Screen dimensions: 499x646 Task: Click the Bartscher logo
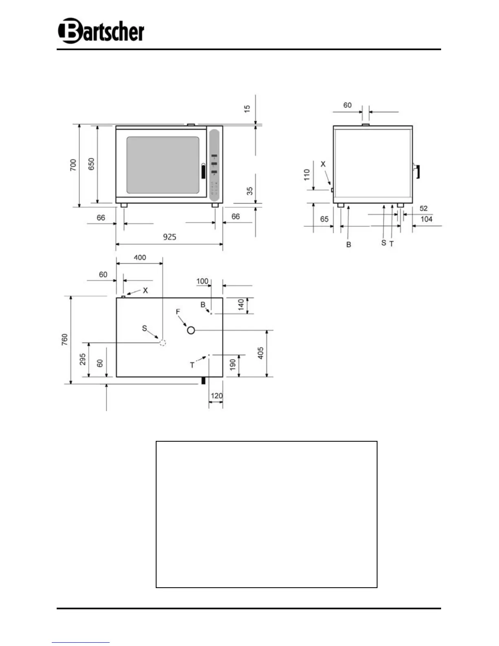click(x=101, y=31)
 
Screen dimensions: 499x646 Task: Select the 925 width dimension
click(x=170, y=237)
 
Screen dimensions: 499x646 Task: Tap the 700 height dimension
click(x=73, y=165)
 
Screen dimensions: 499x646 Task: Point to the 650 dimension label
click(x=91, y=164)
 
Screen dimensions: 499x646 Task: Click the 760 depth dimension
click(x=65, y=340)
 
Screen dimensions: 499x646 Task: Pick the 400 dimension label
click(x=140, y=257)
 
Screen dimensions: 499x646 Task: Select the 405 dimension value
click(x=261, y=353)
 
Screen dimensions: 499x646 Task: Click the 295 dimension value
click(x=83, y=359)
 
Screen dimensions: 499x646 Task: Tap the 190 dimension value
click(x=232, y=364)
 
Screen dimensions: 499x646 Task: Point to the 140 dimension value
click(x=241, y=305)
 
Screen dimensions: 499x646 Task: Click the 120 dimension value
click(x=216, y=396)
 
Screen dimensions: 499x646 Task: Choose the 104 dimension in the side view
click(x=426, y=219)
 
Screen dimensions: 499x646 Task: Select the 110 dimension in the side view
click(x=307, y=175)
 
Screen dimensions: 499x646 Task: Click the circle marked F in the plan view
click(x=191, y=330)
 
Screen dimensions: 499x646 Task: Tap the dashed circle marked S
click(x=163, y=343)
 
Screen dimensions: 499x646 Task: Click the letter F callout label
click(x=178, y=312)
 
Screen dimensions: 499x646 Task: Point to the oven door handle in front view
click(x=203, y=171)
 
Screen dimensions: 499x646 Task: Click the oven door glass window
click(x=163, y=165)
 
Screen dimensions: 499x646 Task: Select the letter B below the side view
click(x=349, y=244)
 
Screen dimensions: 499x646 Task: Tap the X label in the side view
click(x=323, y=164)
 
